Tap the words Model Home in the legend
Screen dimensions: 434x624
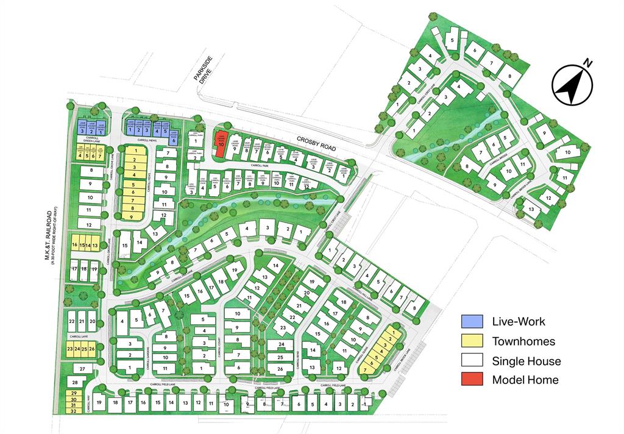[x=525, y=380]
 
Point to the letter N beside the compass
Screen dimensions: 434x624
[x=588, y=63]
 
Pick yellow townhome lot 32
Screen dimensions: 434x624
[x=73, y=411]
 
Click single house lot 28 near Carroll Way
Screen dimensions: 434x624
[x=74, y=382]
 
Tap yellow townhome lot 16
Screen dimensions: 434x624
[x=74, y=245]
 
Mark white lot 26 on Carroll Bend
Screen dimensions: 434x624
[x=280, y=369]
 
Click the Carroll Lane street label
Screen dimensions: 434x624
[x=79, y=336]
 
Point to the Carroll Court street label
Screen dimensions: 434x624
[x=218, y=346]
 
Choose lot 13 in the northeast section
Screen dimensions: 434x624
[x=531, y=209]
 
